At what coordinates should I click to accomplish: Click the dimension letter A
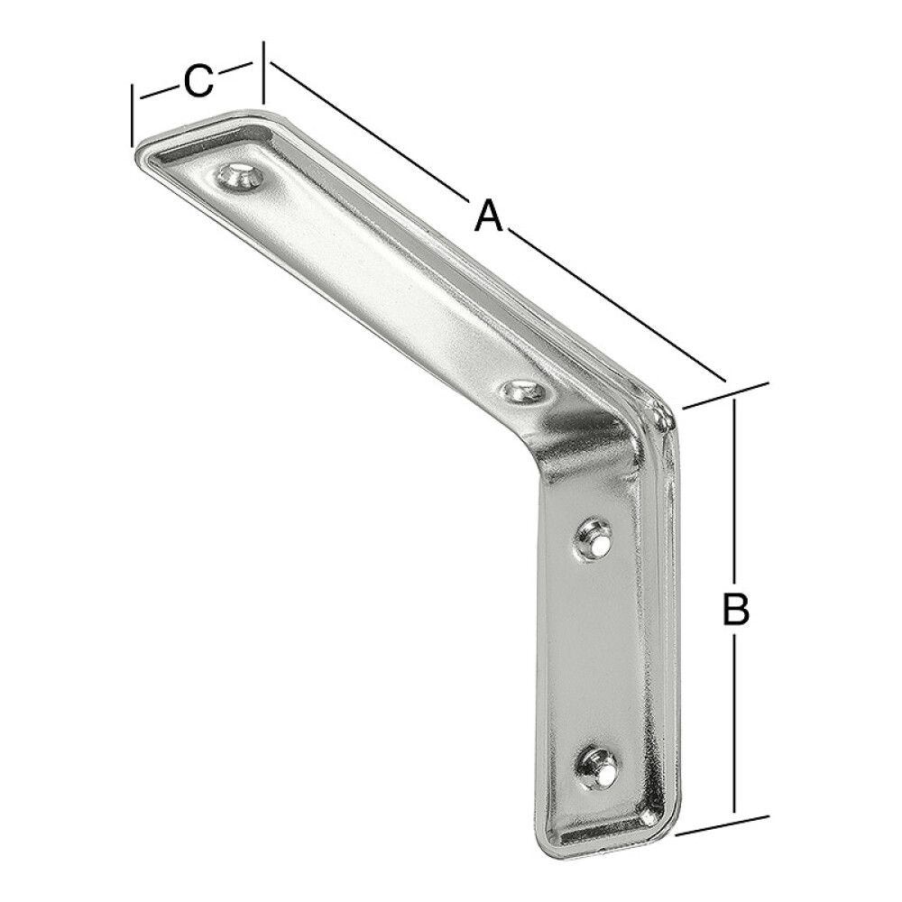488,216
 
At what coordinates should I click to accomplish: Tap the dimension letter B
736,611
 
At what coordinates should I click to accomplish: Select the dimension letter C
198,81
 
